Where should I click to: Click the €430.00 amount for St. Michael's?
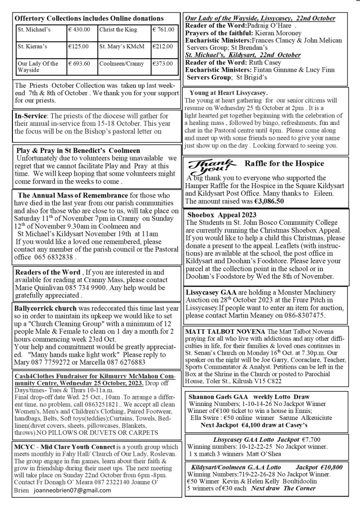coord(80,30)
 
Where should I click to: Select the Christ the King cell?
coord(118,30)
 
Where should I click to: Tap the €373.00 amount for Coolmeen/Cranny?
coord(162,64)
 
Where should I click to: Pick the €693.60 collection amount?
coord(80,64)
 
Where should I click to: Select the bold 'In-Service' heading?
coord(31,115)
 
